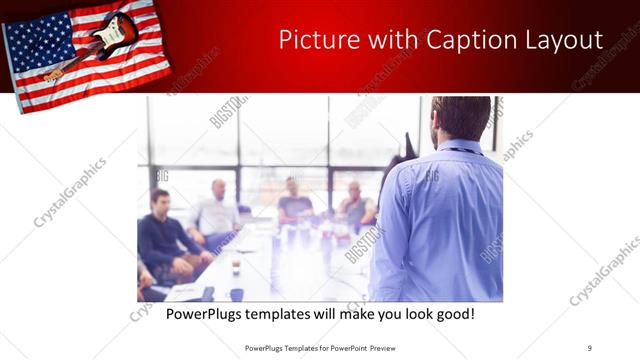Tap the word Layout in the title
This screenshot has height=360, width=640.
point(561,40)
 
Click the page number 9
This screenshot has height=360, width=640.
point(589,347)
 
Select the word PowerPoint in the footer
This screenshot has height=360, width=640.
point(345,347)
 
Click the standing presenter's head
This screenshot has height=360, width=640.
point(461,118)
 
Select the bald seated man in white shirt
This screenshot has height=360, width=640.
point(217,210)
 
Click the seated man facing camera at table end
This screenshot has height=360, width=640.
point(293,200)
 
